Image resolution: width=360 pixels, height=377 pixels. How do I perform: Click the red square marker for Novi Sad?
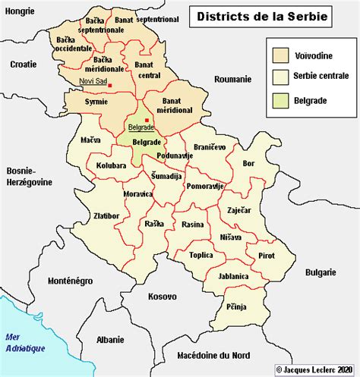coord(110,85)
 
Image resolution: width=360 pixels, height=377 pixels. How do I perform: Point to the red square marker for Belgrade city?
coord(147,119)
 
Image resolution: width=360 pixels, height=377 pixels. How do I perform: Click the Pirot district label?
coord(266,256)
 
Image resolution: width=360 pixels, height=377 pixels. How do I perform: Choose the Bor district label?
coord(248,163)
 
